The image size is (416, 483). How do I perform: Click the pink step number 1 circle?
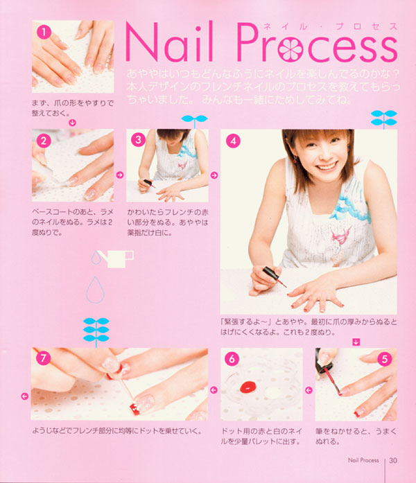(44, 32)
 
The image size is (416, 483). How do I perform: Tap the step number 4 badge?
(233, 141)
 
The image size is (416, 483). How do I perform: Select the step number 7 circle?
(43, 358)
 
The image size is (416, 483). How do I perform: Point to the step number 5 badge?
(385, 359)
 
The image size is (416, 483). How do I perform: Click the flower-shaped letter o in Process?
(290, 49)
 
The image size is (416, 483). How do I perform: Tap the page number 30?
(393, 460)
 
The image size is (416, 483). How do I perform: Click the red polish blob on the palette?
(248, 387)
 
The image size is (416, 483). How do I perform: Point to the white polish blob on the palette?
(272, 392)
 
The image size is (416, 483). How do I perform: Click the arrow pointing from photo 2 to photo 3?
(119, 175)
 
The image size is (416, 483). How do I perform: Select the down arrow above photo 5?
(356, 342)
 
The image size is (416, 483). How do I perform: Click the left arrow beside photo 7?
(25, 396)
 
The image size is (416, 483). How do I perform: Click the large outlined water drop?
(95, 290)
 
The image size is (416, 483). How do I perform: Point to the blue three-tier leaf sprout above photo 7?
(96, 332)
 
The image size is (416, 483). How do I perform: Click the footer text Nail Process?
(363, 460)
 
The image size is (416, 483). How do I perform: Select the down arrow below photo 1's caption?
(72, 123)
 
